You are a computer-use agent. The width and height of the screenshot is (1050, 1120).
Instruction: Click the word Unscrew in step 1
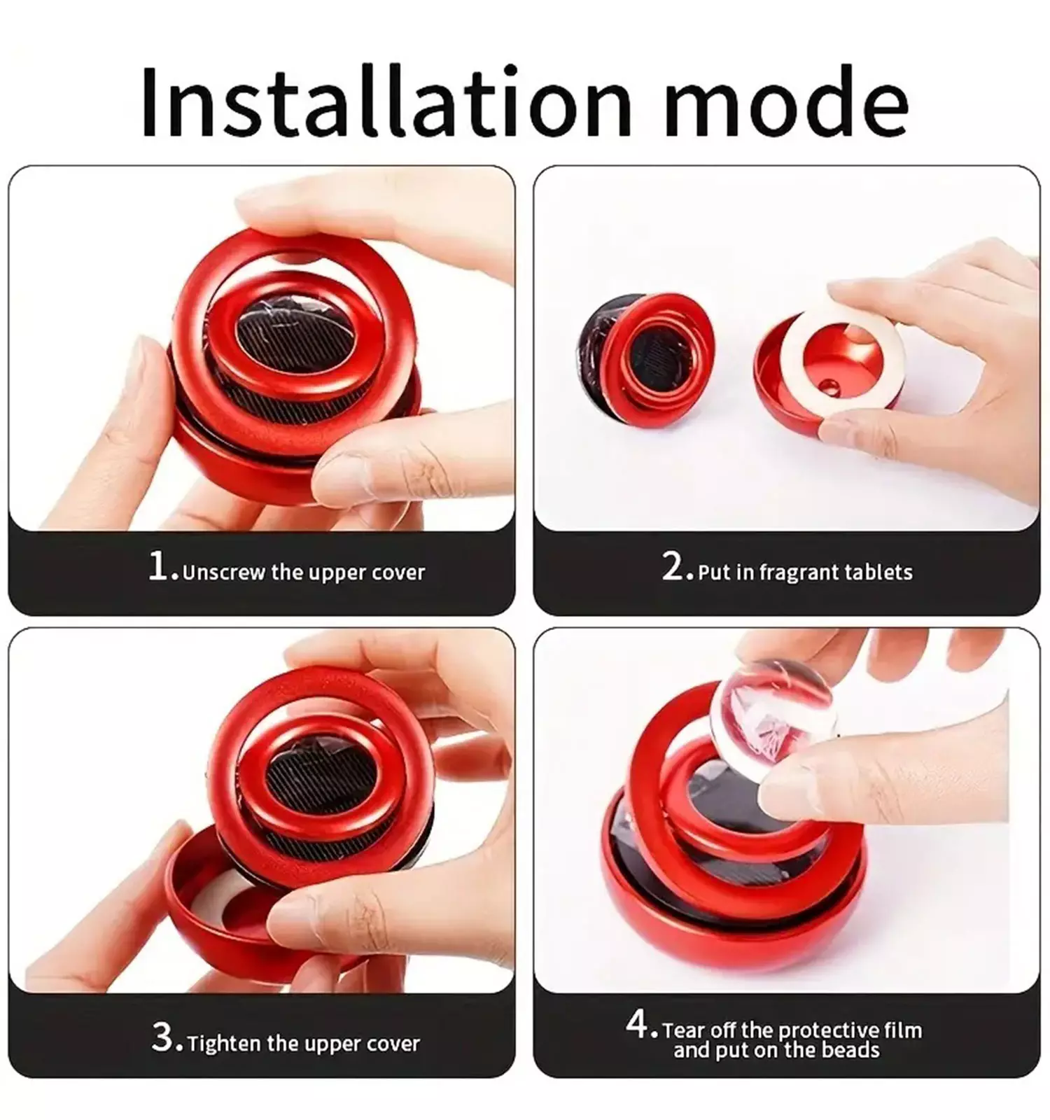(224, 573)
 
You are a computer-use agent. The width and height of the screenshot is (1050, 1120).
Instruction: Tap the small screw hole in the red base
(830, 384)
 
